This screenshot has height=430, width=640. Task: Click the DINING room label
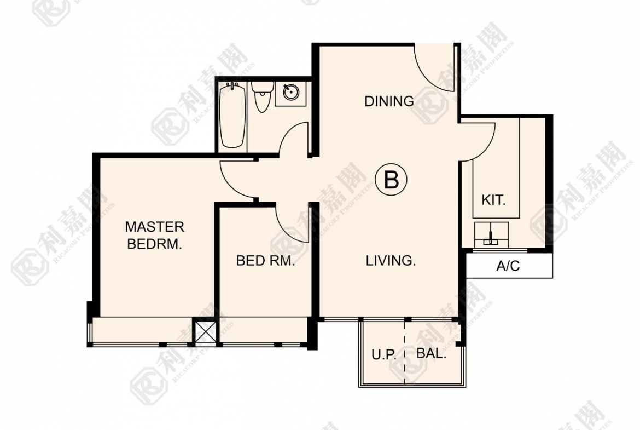coord(389,101)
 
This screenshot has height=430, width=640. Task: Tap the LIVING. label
coord(391,260)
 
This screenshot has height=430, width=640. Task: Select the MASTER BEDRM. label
coord(154,235)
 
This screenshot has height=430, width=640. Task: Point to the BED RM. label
coord(265,260)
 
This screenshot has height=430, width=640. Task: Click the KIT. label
coord(493,200)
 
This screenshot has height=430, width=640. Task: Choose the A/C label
coord(508,266)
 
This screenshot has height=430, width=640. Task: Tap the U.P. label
coord(383,354)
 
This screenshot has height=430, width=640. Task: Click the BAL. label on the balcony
coord(431,353)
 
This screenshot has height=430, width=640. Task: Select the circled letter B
coord(391,180)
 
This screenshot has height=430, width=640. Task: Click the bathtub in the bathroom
coord(232,115)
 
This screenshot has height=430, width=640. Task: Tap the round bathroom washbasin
coord(290,92)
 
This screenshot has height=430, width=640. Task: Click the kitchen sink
coord(491,234)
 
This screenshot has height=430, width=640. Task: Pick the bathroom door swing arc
coord(289,135)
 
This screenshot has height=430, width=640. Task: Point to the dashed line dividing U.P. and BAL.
coord(405,352)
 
